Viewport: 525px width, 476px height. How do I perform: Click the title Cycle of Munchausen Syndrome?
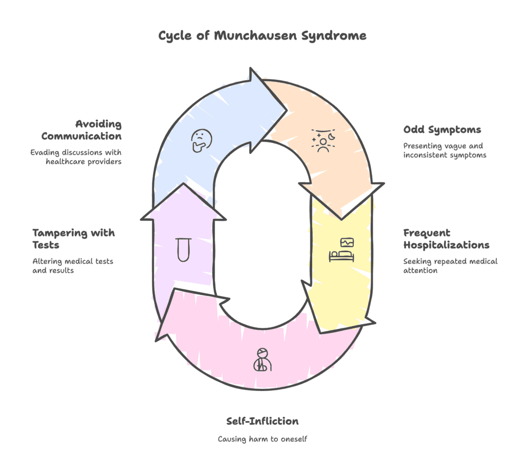[x=262, y=35]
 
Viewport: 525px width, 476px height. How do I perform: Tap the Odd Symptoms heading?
[x=442, y=130]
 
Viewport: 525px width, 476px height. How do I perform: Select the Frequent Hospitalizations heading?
[x=446, y=239]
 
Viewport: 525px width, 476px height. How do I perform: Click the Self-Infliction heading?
[x=262, y=421]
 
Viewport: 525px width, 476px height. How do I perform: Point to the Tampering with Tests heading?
[x=73, y=239]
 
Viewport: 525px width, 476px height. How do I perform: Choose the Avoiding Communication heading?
[x=82, y=130]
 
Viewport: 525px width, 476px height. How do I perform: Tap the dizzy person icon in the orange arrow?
[x=321, y=140]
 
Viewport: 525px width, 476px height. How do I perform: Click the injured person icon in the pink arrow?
[x=262, y=359]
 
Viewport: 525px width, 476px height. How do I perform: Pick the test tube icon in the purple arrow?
[x=183, y=249]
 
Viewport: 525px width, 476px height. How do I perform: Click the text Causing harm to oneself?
[x=262, y=439]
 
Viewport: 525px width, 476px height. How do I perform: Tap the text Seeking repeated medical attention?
[x=450, y=265]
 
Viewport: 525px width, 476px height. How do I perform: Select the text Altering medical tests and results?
[x=73, y=265]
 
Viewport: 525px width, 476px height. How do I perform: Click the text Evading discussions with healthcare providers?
[x=75, y=157]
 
